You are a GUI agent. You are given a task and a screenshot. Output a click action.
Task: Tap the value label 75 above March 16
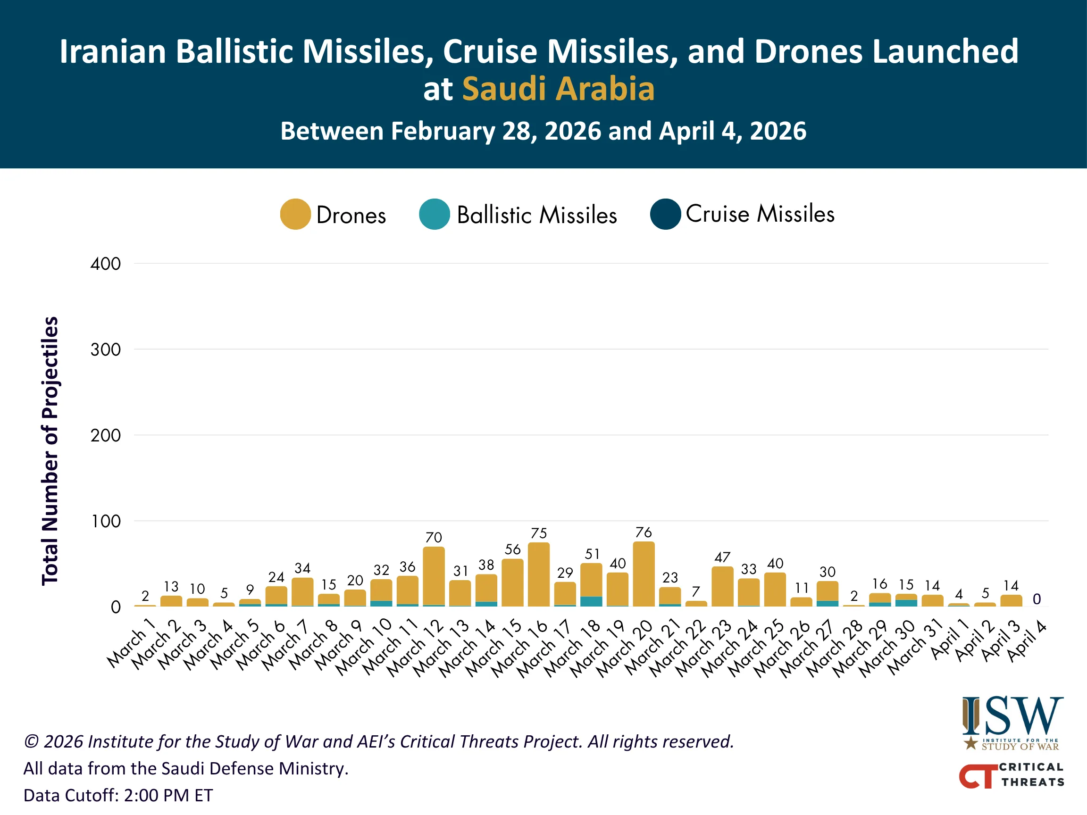pos(539,533)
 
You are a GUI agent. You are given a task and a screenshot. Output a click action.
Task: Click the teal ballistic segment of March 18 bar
pos(591,601)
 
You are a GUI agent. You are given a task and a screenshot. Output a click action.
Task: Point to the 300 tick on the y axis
pos(106,350)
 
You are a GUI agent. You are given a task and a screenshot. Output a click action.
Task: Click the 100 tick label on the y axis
pos(106,521)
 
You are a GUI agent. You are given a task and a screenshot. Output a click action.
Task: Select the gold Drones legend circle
pos(295,214)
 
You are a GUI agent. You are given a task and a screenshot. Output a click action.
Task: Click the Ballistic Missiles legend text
pos(536,215)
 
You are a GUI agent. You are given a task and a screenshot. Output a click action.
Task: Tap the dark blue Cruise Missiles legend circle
pos(665,214)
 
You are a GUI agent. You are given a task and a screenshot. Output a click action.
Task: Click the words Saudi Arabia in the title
pos(558,89)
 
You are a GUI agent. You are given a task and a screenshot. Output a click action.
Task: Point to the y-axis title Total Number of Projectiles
pos(50,450)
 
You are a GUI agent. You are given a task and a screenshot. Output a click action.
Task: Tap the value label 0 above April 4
pos(1037,599)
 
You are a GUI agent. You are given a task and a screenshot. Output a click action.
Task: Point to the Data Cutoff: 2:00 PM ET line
pos(118,795)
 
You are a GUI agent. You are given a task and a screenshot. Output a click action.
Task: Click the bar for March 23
pos(722,587)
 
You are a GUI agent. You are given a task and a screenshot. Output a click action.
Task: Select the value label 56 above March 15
pos(512,549)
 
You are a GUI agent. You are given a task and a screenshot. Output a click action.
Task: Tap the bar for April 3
pos(1011,601)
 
